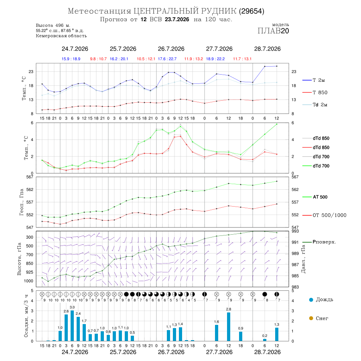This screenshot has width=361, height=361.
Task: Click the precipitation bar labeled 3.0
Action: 72,326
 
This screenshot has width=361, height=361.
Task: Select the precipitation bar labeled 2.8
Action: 229,327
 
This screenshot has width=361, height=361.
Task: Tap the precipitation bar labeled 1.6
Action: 217,333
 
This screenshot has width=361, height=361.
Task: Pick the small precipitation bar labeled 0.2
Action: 265,340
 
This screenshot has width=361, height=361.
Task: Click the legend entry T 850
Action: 315,93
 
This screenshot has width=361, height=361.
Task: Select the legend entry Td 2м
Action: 315,105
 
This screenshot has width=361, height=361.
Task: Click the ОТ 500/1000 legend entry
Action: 324,215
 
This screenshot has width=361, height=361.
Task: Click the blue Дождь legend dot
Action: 311,300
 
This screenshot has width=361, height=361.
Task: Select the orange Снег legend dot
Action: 311,318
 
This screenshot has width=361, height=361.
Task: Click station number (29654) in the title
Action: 251,11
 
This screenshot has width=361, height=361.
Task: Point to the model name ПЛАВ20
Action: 273,31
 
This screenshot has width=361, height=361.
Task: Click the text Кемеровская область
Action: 61,36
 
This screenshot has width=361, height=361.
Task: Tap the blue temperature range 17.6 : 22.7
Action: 167,59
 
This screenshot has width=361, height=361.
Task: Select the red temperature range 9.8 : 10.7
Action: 98,59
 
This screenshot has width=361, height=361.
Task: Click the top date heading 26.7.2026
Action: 171,49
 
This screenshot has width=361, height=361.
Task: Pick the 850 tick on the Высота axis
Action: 29,264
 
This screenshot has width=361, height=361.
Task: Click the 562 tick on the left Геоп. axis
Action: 29,189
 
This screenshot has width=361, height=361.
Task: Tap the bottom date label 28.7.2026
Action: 267,352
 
